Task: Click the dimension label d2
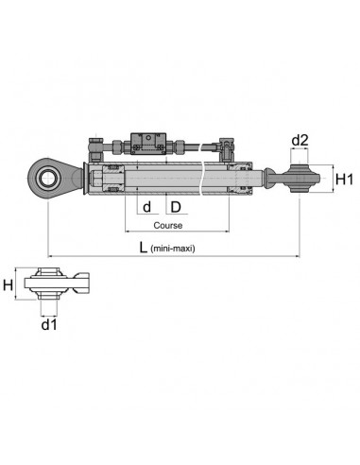tap(300, 141)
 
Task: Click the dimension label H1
tap(345, 178)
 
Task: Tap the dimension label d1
tap(48, 325)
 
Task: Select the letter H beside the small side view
tap(9, 284)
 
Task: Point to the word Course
tap(166, 226)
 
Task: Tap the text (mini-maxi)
tap(180, 250)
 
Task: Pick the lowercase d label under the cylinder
tap(146, 205)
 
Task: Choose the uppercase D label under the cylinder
tap(175, 205)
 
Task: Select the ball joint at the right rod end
tap(300, 176)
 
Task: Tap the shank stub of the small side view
tap(83, 281)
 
